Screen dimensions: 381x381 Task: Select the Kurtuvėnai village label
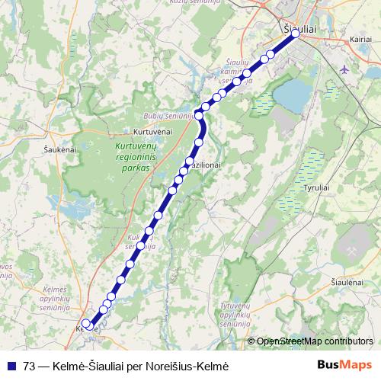click(x=153, y=131)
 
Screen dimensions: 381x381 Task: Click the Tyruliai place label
click(x=316, y=187)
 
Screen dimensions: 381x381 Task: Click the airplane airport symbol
click(x=344, y=69)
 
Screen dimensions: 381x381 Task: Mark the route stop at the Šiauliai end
click(x=295, y=34)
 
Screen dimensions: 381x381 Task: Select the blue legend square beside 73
click(x=12, y=366)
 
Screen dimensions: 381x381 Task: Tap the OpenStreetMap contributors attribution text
click(x=315, y=341)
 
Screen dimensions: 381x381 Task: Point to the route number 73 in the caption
click(x=30, y=366)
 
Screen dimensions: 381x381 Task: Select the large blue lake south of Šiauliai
click(x=292, y=94)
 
